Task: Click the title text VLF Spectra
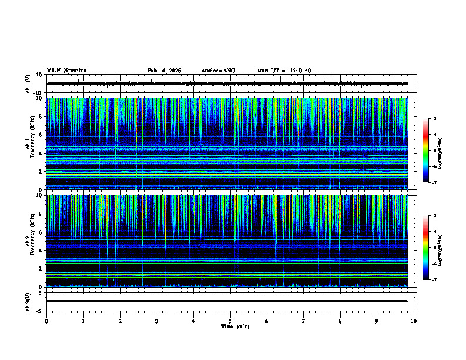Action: [x=66, y=71]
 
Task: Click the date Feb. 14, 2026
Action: [x=164, y=71]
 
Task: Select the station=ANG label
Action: [x=218, y=71]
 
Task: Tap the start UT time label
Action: [x=284, y=71]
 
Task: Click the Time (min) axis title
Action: [x=235, y=326]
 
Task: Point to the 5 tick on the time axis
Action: [x=230, y=321]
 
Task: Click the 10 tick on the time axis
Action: [x=414, y=321]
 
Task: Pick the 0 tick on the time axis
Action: [x=46, y=321]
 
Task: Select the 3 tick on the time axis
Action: [x=157, y=321]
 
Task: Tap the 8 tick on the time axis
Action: [x=340, y=321]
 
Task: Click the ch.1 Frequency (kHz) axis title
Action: [x=32, y=144]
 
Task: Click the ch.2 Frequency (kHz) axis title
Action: [x=32, y=241]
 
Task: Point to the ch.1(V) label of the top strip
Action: [x=28, y=84]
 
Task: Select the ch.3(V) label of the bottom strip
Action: [x=28, y=301]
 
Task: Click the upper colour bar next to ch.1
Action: [x=425, y=151]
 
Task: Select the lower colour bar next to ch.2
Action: [x=425, y=248]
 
